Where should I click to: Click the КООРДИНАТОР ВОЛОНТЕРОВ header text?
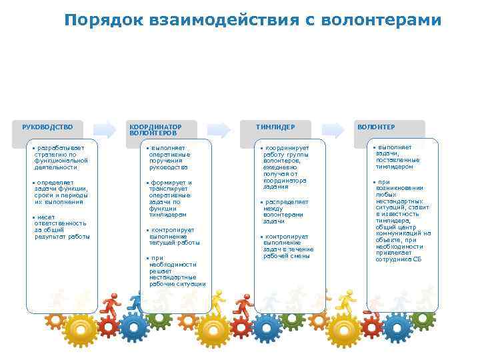click(x=155, y=129)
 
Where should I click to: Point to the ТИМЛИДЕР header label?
click(x=275, y=127)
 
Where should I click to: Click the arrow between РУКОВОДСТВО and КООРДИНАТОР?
click(x=105, y=129)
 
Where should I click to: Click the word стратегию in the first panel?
click(x=51, y=154)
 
